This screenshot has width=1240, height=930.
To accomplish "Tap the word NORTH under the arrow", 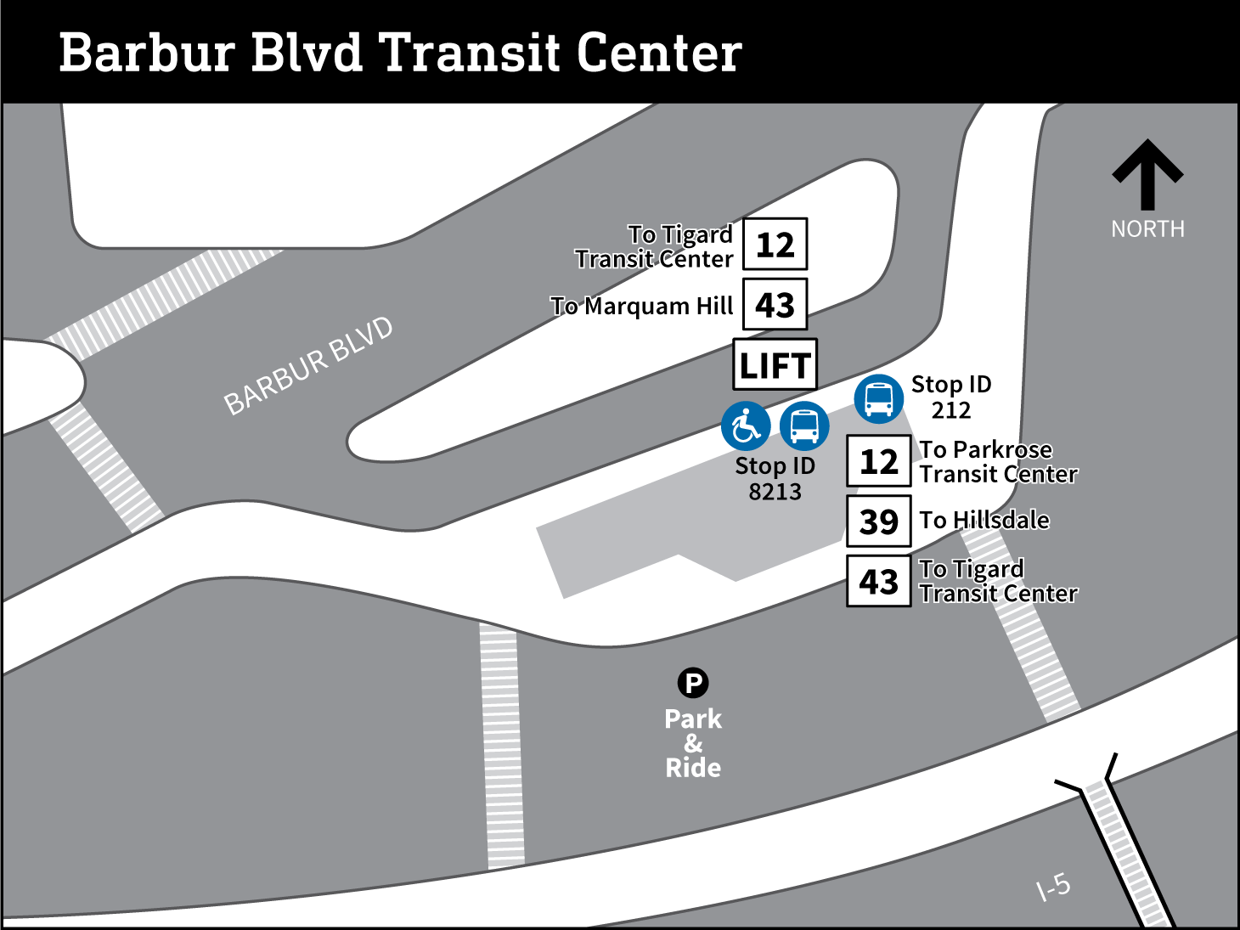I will point(1147,229).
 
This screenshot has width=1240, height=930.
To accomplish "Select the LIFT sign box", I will point(775,365).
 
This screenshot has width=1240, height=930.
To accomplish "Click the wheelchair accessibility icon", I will point(746,426).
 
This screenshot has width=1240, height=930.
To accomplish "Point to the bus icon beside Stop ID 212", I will point(878,398).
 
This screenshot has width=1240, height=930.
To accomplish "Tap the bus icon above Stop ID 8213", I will point(803,426).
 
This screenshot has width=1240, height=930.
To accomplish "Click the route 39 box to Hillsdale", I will point(878,521).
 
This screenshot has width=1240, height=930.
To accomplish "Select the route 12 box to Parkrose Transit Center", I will point(878,461).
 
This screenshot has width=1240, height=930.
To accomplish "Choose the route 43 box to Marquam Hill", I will point(775,305).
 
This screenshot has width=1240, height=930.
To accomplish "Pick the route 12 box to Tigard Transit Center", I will point(775,245).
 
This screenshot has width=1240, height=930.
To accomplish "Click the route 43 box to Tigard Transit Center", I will point(878,582).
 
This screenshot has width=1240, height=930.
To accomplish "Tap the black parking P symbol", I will point(693,683).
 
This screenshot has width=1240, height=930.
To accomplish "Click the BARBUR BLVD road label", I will point(308,366).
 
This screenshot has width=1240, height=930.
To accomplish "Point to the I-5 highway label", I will point(1053,888).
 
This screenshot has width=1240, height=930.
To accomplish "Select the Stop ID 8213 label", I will point(775,478).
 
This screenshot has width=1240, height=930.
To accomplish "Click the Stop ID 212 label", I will point(951,397).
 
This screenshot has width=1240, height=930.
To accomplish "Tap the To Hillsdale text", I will point(984,520).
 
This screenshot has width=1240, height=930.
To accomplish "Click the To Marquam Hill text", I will point(642,306).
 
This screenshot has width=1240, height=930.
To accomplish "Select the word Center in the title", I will point(659,54).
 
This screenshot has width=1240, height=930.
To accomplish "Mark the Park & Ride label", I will point(693,743).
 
